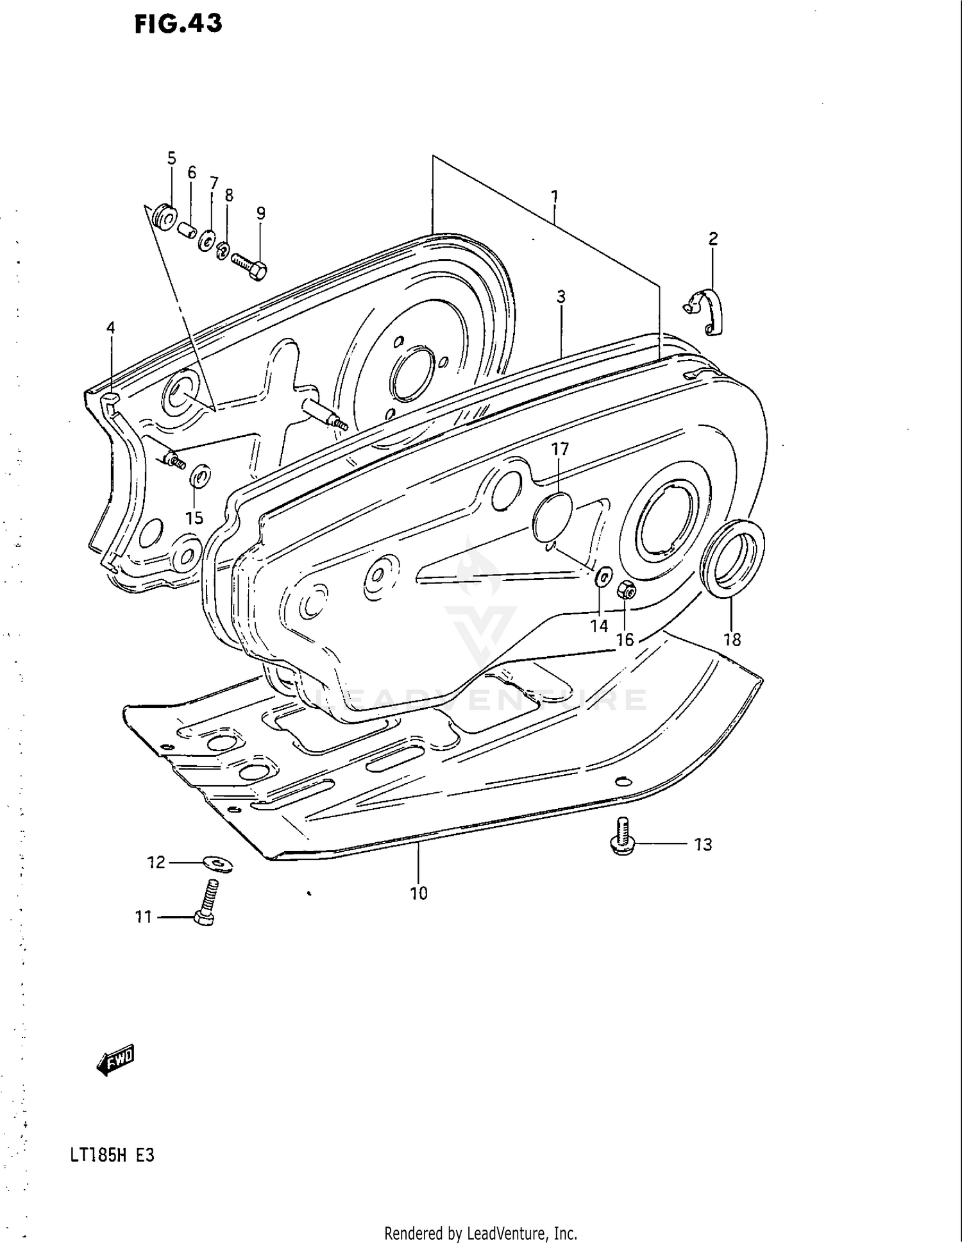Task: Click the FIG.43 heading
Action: pyautogui.click(x=178, y=24)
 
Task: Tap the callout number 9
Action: pyautogui.click(x=260, y=213)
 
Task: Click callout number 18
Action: pyautogui.click(x=732, y=639)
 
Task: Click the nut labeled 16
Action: pyautogui.click(x=626, y=589)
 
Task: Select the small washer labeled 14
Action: pyautogui.click(x=603, y=577)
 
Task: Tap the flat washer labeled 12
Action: pyautogui.click(x=218, y=863)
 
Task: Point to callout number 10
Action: pyautogui.click(x=418, y=893)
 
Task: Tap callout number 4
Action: pyautogui.click(x=110, y=328)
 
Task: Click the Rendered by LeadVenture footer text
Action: pyautogui.click(x=480, y=1233)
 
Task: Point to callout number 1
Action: pyautogui.click(x=554, y=196)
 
